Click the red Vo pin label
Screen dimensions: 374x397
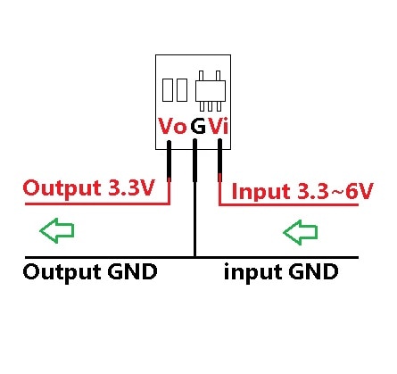pyautogui.click(x=172, y=128)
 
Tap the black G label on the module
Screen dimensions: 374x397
pyautogui.click(x=197, y=128)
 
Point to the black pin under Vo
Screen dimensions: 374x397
pyautogui.click(x=169, y=165)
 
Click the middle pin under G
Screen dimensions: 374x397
pyautogui.click(x=194, y=179)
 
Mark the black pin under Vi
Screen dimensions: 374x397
pyautogui.click(x=219, y=165)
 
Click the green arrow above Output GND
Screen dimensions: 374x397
pyautogui.click(x=57, y=233)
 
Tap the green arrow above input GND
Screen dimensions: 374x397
pyautogui.click(x=300, y=233)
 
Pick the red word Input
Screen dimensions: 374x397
pyautogui.click(x=260, y=191)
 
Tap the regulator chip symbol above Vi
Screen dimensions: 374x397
pyautogui.click(x=211, y=88)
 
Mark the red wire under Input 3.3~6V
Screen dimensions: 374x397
pyautogui.click(x=294, y=205)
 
